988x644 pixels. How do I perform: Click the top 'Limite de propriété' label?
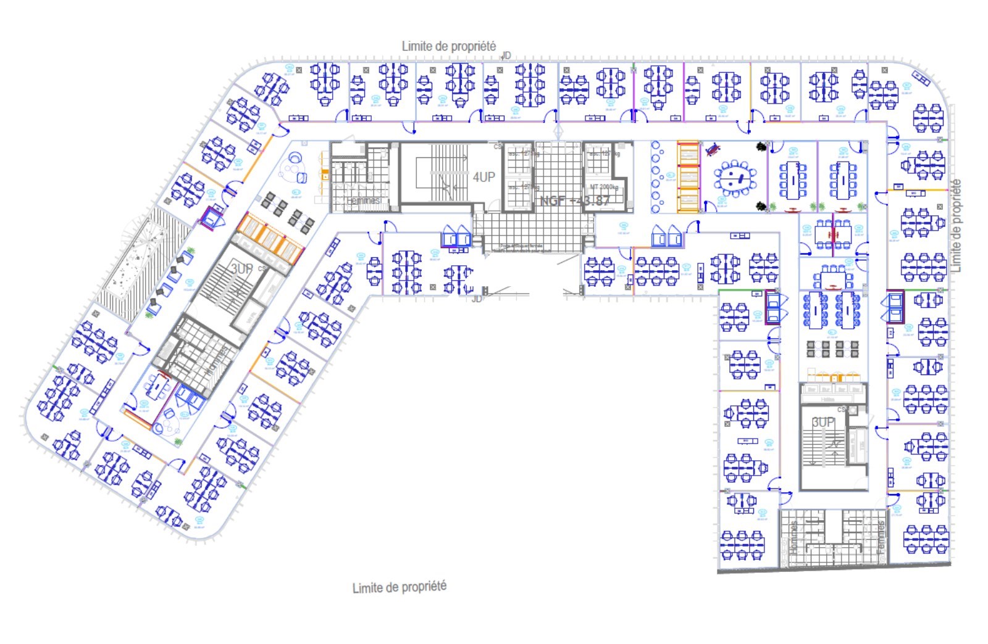point(448,46)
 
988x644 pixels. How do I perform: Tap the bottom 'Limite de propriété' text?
point(399,587)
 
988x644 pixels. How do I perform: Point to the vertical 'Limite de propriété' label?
point(956,226)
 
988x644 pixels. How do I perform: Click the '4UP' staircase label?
point(484,178)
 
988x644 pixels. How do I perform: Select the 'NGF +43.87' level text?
point(574,200)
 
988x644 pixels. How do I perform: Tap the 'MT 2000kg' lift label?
point(603,187)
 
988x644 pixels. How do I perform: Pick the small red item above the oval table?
point(713,149)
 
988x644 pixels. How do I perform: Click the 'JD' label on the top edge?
point(506,56)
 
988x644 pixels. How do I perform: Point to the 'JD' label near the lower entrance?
point(477,299)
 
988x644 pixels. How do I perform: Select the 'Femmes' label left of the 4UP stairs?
point(363,200)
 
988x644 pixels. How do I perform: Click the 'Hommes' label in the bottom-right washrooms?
point(794,537)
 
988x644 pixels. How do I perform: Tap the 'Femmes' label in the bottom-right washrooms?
point(881,537)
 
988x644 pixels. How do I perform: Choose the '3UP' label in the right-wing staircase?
point(823,423)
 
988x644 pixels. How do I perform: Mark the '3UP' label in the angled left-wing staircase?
point(241,269)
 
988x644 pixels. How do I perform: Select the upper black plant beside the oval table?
point(762,147)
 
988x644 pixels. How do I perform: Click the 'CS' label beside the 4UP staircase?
point(498,146)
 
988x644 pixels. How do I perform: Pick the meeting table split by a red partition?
point(833,234)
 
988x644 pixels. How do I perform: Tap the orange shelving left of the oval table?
point(688,177)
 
